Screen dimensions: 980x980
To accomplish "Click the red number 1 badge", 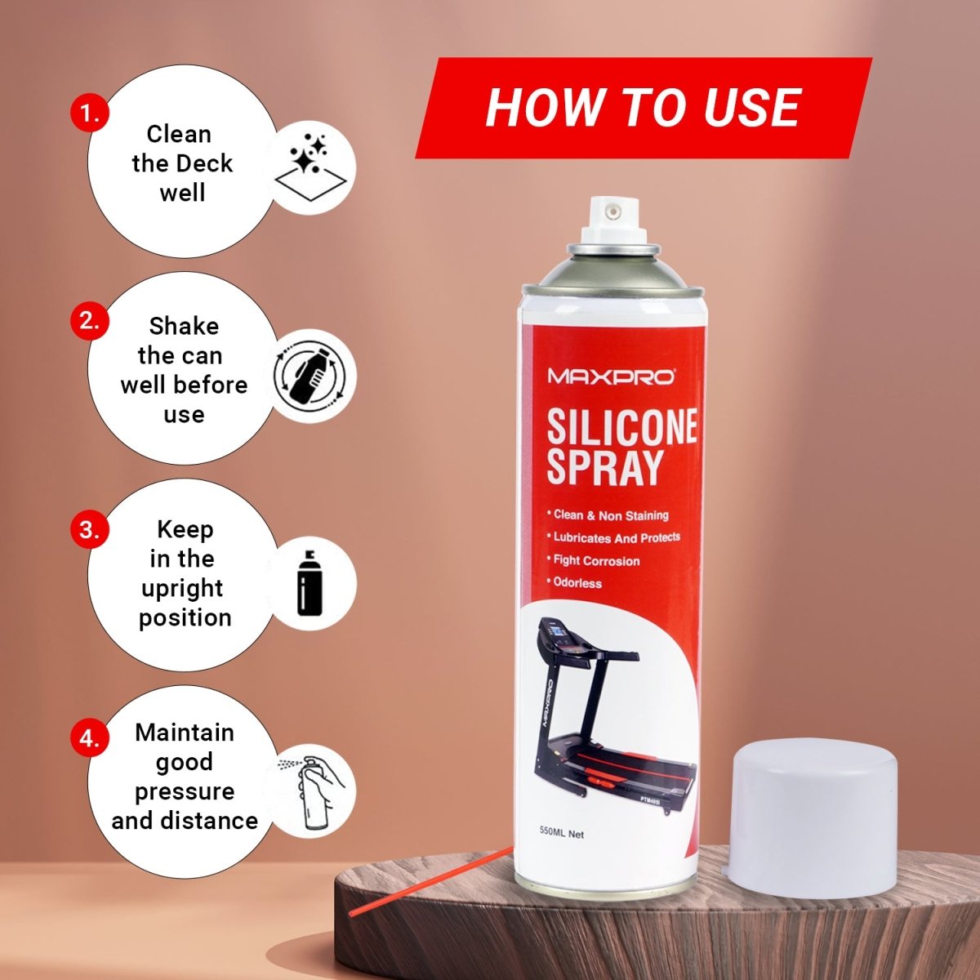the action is pos(90,113).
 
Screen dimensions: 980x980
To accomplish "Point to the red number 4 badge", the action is pos(90,738).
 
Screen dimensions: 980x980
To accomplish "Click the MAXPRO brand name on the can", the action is pos(611,376).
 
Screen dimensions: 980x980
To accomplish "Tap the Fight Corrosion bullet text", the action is pos(593,561).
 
